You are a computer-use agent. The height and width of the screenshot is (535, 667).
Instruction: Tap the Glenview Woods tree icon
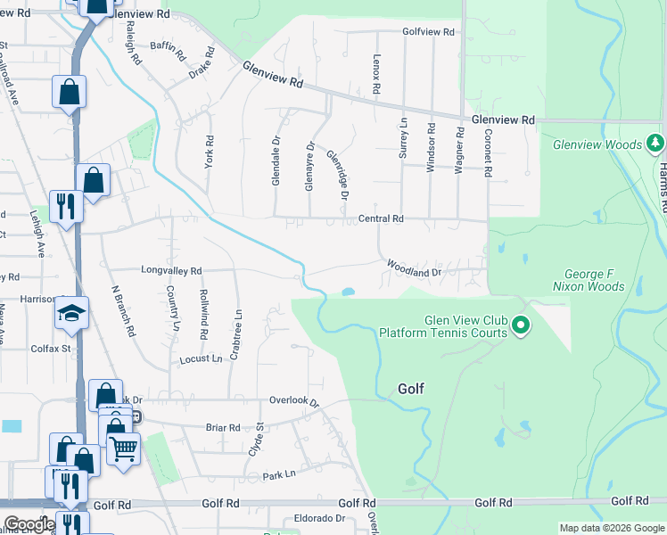click(655, 144)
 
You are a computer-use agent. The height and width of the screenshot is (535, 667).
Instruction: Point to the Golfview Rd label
click(428, 31)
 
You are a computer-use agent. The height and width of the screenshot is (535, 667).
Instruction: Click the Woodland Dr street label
click(414, 267)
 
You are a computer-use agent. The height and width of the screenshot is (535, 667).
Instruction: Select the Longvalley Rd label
click(171, 269)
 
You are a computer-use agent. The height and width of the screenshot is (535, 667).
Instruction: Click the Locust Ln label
click(201, 358)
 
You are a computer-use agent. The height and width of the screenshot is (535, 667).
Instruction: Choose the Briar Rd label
click(223, 427)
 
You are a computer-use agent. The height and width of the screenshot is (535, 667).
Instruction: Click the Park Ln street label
click(278, 475)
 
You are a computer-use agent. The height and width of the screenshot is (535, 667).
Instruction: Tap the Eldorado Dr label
click(314, 518)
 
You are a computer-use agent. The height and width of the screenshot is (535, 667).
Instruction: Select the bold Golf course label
click(410, 389)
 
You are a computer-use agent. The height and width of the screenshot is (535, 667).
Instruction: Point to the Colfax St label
click(53, 349)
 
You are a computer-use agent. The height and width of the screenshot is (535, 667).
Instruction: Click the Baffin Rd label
click(168, 53)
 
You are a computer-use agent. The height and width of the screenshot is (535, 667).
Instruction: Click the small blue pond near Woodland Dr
click(347, 292)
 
